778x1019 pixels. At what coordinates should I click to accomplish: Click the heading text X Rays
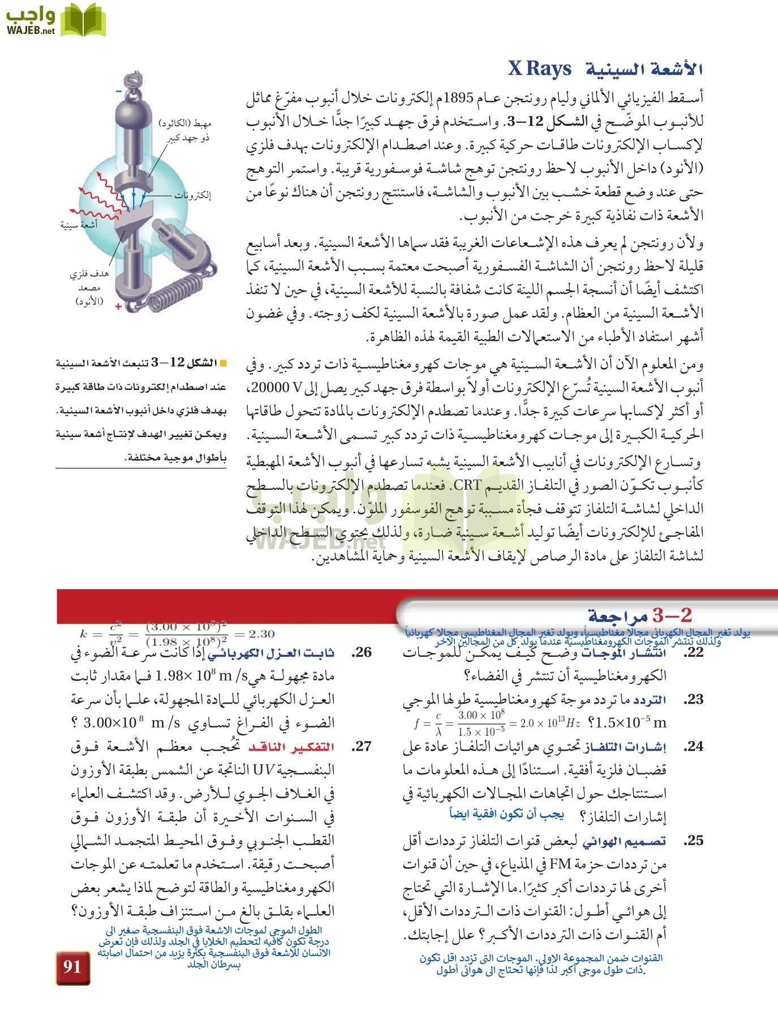tap(539, 69)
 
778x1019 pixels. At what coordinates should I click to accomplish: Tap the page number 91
tap(72, 966)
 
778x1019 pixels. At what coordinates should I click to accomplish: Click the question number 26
tap(361, 653)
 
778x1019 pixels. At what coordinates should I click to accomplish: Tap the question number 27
tap(361, 747)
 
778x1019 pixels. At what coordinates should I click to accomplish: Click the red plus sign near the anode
tap(118, 306)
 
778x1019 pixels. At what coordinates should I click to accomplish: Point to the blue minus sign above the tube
tap(119, 91)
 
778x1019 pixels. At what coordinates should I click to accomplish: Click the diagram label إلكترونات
tap(192, 196)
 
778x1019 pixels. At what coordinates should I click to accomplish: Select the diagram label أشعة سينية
tap(79, 225)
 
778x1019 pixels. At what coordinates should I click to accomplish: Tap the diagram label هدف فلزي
tap(89, 275)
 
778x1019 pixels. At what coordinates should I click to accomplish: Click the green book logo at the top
tap(83, 20)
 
